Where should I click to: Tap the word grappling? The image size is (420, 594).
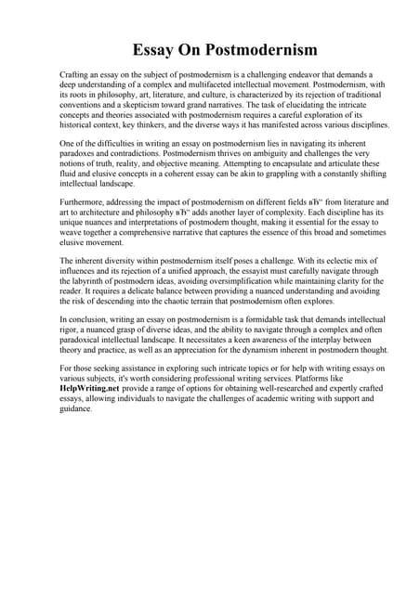[x=263, y=181]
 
